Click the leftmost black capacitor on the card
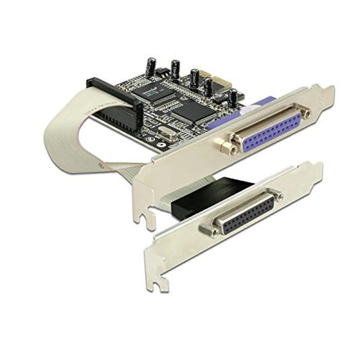[149, 65]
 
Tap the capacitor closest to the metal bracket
[233, 97]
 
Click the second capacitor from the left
[175, 68]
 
